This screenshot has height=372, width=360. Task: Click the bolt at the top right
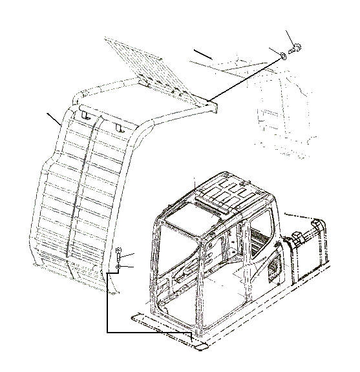click(296, 48)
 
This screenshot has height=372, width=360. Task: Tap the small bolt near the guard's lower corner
click(119, 254)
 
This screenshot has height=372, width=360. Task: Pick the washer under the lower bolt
click(120, 267)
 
